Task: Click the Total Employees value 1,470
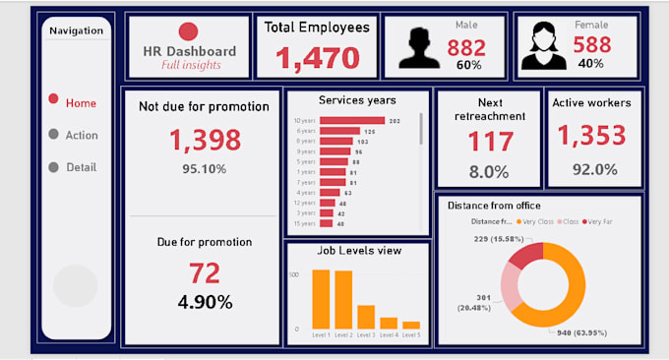coord(317,58)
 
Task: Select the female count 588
coord(590,44)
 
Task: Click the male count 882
coord(466,47)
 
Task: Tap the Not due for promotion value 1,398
coord(205,141)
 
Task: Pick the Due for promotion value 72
coord(205,272)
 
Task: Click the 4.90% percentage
coord(205,301)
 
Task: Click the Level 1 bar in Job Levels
coord(321,299)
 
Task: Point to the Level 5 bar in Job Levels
coord(411,325)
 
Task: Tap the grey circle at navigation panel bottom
coord(75,286)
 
